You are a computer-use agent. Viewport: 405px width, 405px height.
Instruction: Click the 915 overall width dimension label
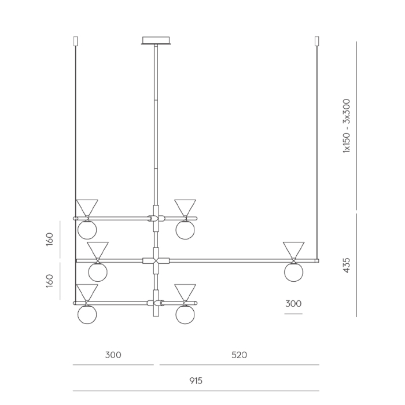196,381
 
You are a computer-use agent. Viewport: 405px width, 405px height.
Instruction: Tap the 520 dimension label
239,355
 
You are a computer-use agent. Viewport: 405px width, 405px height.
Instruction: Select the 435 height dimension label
347,265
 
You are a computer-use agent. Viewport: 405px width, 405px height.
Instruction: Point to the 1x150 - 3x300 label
347,126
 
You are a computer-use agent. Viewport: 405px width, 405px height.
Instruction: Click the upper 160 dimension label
49,240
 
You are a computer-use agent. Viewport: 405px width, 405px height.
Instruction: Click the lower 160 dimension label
49,281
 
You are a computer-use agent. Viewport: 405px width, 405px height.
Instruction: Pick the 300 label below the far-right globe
293,304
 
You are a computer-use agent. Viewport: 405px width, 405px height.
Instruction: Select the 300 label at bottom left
113,355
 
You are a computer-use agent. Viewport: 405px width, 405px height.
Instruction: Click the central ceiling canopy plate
156,41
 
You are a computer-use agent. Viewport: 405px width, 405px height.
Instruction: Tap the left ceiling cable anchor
76,41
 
